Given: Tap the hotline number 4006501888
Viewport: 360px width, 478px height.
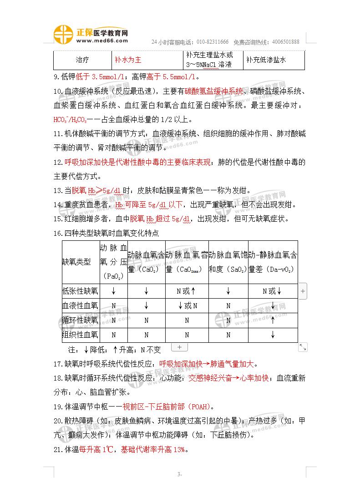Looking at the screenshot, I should click(x=284, y=42).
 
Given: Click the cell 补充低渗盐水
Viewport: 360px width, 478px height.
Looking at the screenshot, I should click(x=269, y=60).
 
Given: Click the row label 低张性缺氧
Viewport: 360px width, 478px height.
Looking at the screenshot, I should click(x=80, y=291).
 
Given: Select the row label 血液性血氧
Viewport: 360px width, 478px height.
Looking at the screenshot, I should click(x=80, y=306).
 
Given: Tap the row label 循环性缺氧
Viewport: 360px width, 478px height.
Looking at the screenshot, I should click(x=80, y=320).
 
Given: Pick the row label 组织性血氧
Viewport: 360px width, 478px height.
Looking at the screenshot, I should click(x=80, y=335).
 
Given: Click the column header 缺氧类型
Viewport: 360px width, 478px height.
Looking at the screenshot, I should click(x=76, y=262).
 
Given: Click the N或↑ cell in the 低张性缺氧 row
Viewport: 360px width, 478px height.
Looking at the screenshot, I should click(x=187, y=291).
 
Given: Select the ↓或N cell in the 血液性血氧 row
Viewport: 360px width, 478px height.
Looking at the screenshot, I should click(x=187, y=306).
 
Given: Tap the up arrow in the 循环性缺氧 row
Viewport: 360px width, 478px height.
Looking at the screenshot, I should click(x=273, y=320).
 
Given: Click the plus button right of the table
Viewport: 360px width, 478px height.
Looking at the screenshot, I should click(x=304, y=290).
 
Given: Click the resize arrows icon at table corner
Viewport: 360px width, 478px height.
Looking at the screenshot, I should click(x=303, y=347).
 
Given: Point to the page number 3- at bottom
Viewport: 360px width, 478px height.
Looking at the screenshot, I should click(x=180, y=474).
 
